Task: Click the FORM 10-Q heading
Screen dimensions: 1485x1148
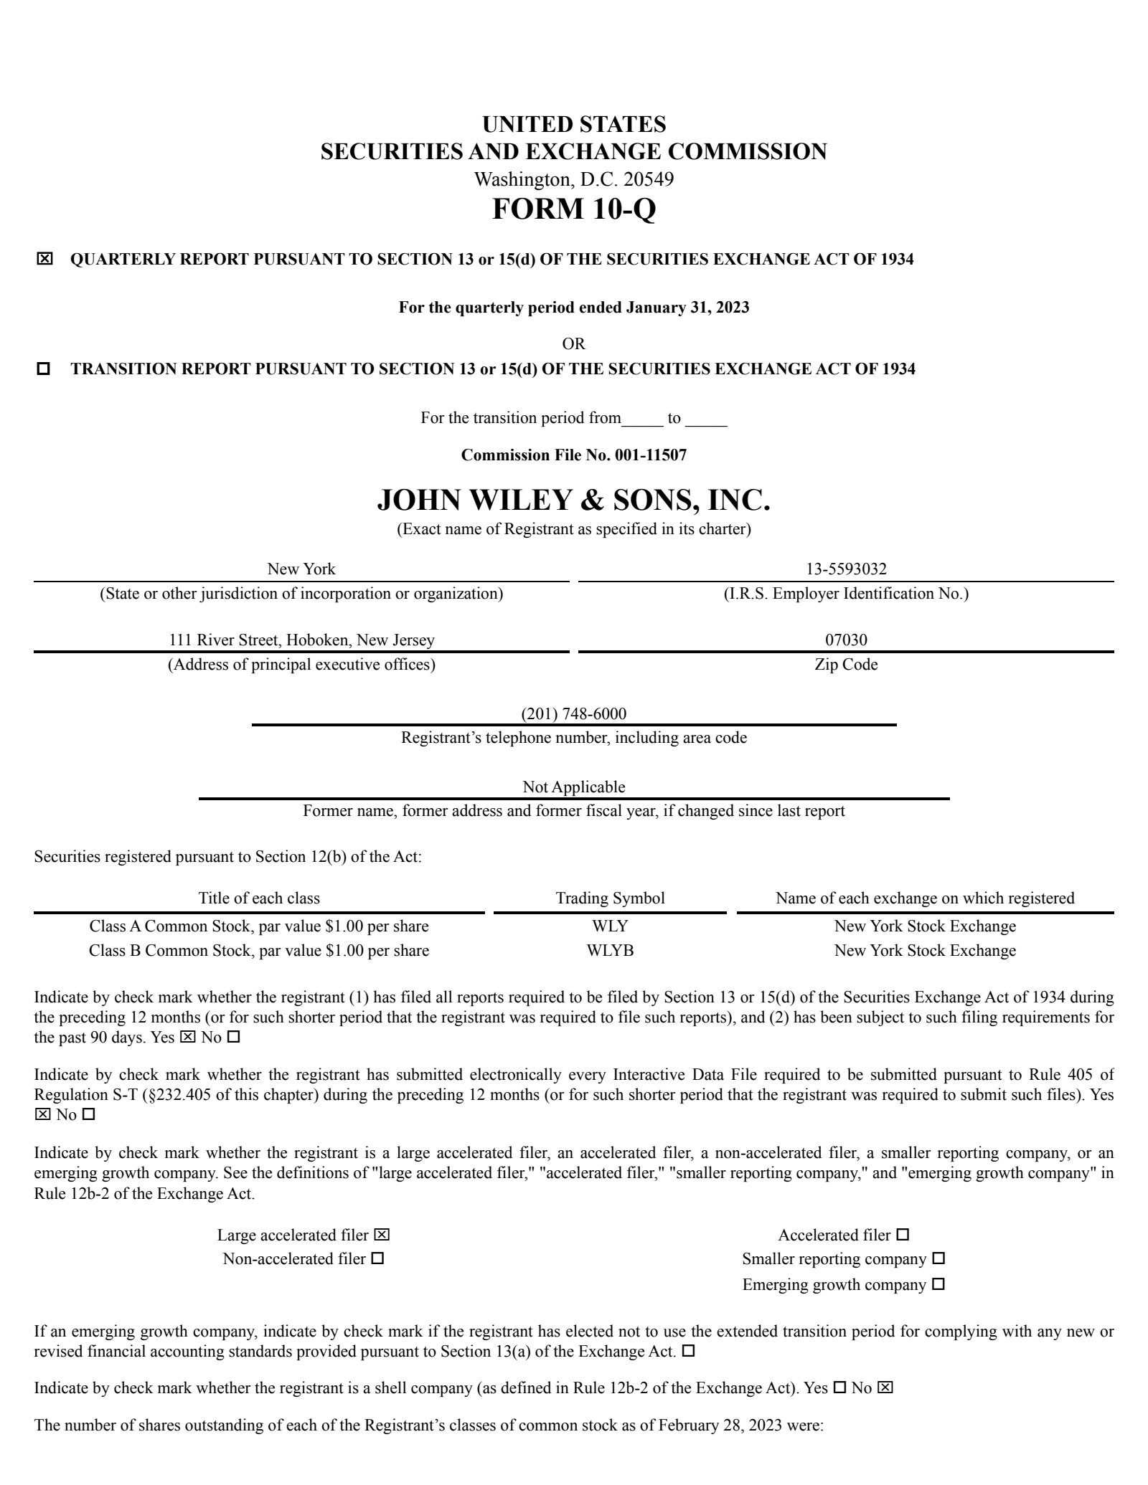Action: tap(573, 209)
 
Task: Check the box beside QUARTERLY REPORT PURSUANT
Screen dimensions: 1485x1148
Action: tap(44, 259)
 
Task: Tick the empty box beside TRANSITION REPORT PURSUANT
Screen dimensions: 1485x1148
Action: tap(44, 369)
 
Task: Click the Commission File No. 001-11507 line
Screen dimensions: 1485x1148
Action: tap(573, 455)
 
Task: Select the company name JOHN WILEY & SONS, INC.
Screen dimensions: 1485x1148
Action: tap(573, 500)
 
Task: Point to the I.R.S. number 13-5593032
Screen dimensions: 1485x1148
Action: tap(846, 569)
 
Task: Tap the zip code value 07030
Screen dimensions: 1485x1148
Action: tap(846, 640)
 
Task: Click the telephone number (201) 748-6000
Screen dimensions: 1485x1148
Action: tap(573, 713)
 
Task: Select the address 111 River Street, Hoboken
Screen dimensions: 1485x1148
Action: tap(301, 640)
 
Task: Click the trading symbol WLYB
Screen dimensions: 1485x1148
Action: tap(610, 951)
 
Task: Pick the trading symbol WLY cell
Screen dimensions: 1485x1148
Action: tap(610, 926)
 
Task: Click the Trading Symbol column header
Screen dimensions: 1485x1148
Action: tap(610, 898)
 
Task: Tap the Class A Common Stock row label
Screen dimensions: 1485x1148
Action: tap(259, 926)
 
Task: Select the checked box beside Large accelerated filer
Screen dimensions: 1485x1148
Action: tap(382, 1235)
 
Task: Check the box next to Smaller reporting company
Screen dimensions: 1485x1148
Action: tap(938, 1258)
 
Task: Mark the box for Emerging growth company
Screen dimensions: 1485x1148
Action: tap(938, 1284)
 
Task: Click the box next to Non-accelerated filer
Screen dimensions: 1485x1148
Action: tap(377, 1258)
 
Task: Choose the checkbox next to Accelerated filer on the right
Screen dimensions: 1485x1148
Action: tap(903, 1235)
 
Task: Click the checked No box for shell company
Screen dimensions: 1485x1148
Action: tap(885, 1387)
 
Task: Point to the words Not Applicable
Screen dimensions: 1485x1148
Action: tap(573, 787)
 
